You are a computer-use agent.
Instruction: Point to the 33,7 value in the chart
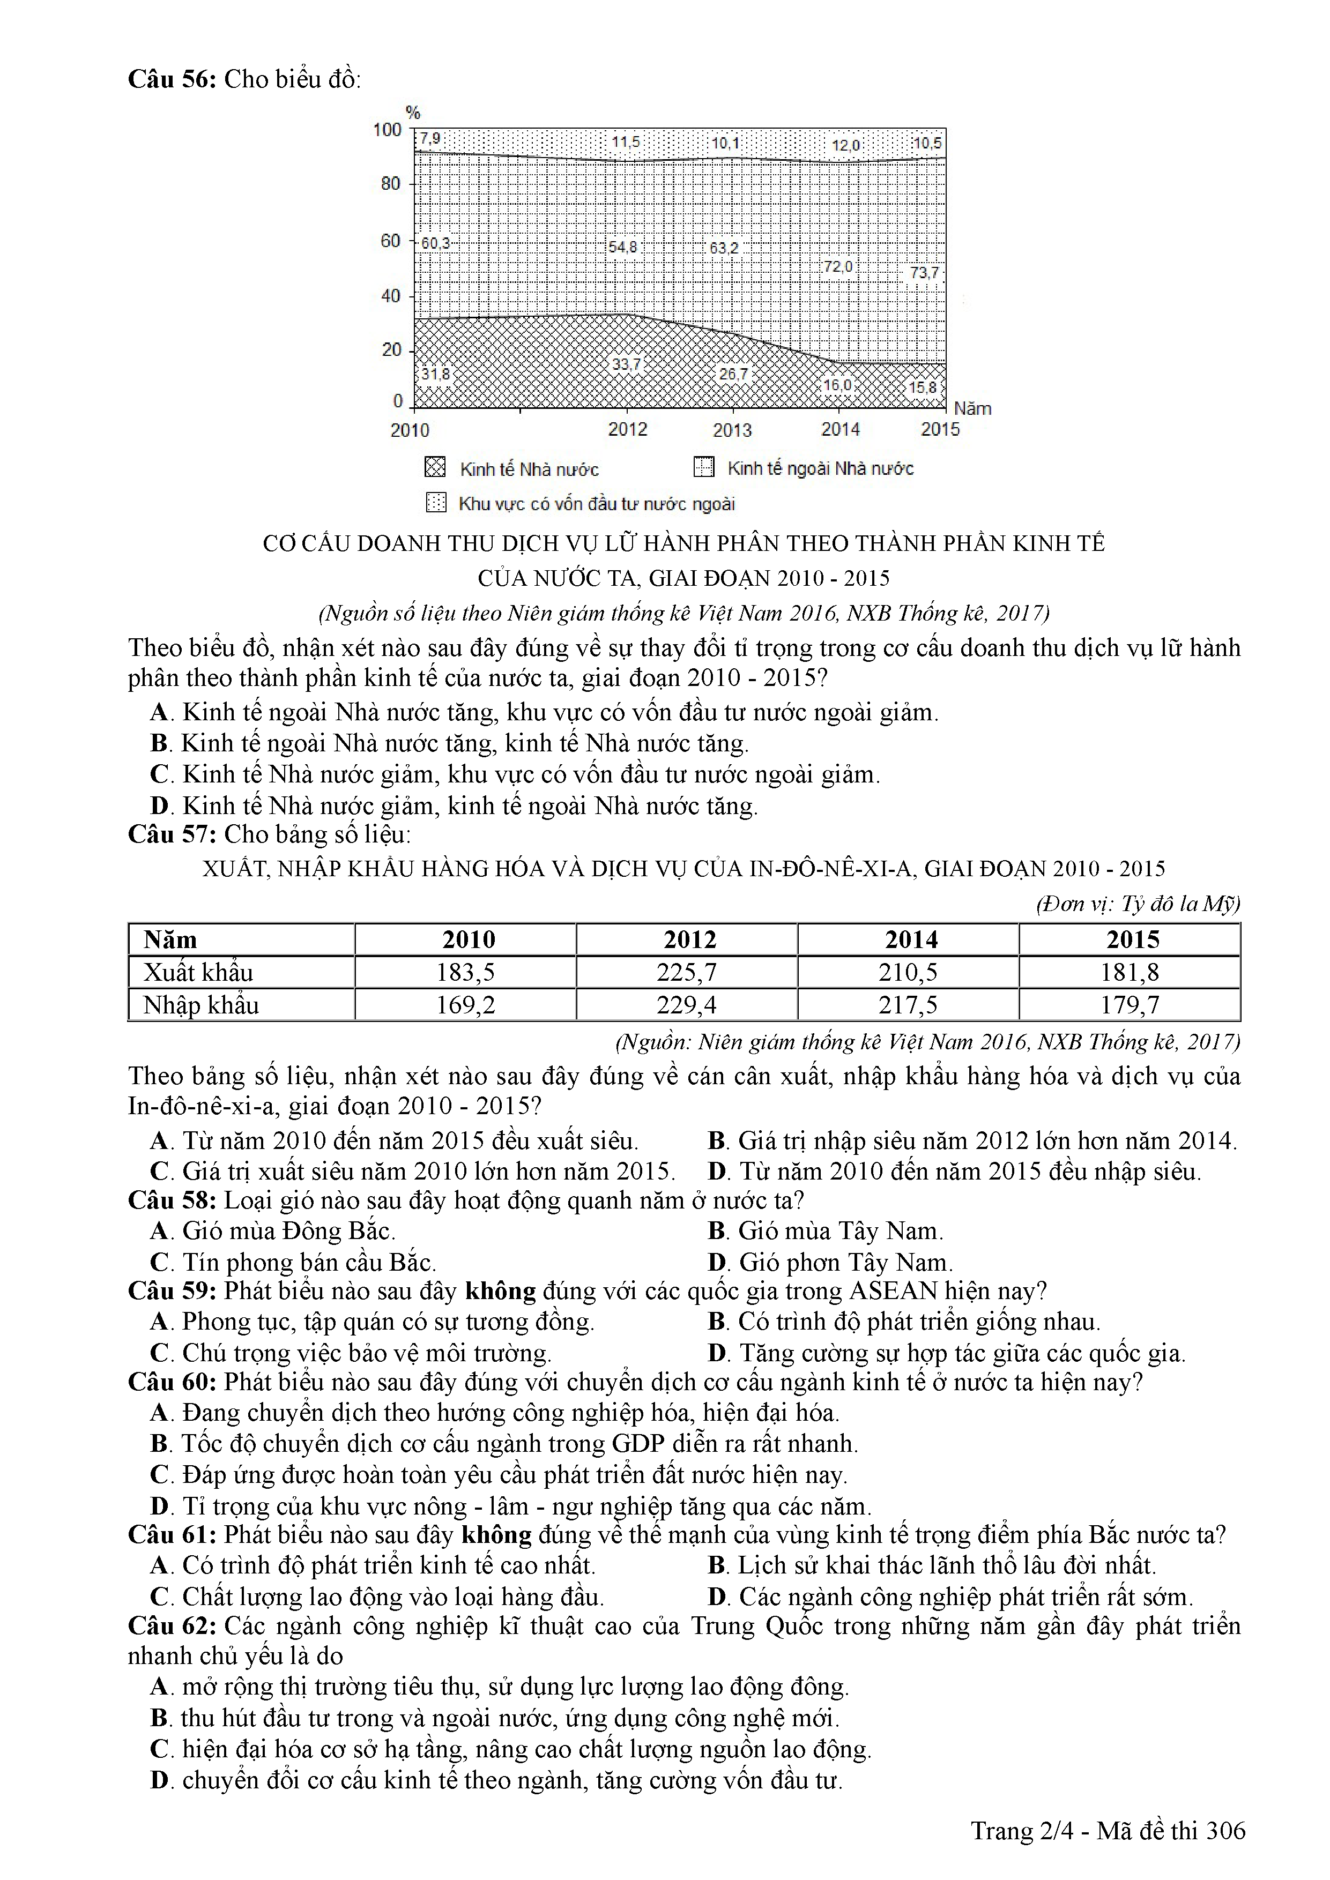pos(627,363)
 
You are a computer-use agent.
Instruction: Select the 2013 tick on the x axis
pos(732,430)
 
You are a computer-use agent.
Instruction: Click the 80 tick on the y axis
pos(391,183)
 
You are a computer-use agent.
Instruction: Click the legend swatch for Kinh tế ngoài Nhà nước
pos(703,467)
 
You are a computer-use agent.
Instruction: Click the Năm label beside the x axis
pos(972,408)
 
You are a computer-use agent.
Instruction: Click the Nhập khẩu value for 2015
pos(1130,1005)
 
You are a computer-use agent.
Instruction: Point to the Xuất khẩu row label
pos(198,972)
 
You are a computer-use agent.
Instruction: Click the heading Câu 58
pos(171,1200)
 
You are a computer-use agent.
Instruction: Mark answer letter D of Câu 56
pos(160,807)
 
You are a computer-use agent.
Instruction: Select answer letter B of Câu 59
pos(717,1322)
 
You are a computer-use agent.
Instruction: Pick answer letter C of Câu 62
pos(160,1749)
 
